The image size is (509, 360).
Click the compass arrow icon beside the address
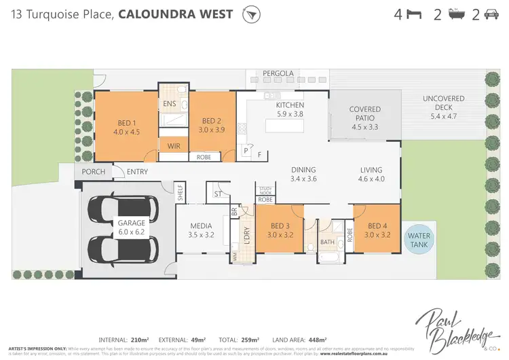(x=252, y=14)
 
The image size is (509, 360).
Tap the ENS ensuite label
(x=170, y=104)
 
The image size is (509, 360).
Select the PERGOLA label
(x=278, y=73)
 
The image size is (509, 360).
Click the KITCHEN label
(x=290, y=105)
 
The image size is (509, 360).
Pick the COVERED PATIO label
(x=364, y=113)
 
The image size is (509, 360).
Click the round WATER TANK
(x=418, y=239)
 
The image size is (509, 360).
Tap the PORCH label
(x=94, y=172)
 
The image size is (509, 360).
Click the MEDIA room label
(x=201, y=226)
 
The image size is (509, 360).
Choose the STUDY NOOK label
(x=265, y=190)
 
